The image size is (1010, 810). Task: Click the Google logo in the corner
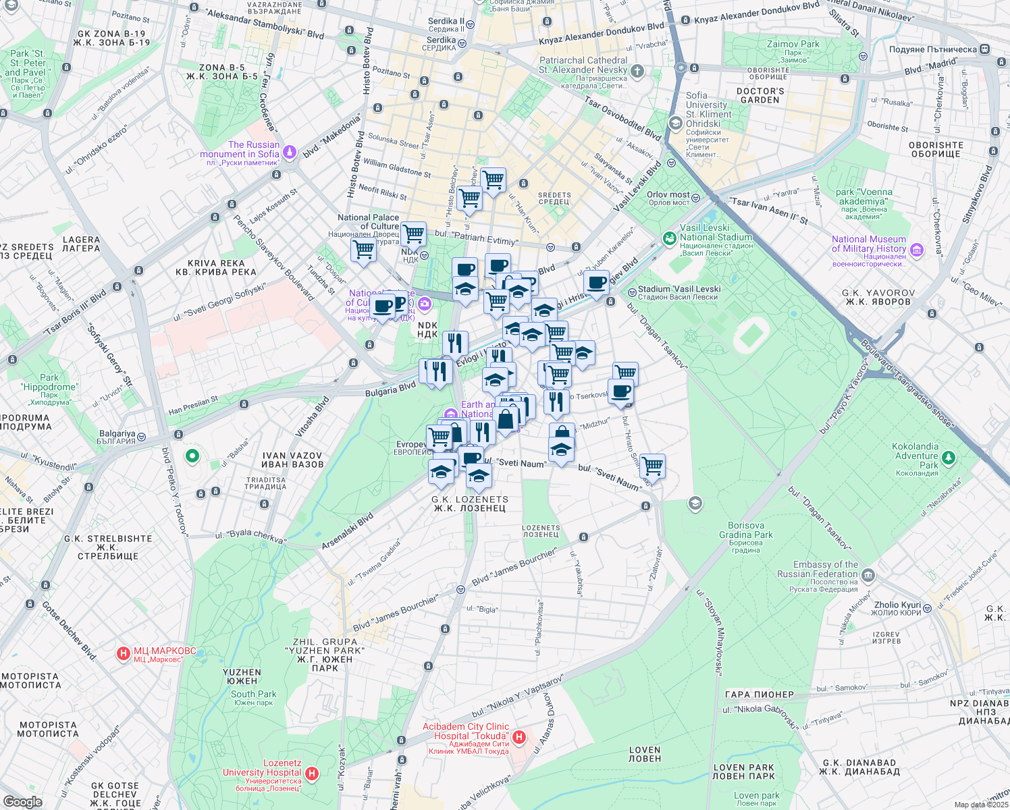pyautogui.click(x=22, y=801)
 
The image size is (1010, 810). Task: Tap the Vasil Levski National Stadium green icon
pyautogui.click(x=669, y=238)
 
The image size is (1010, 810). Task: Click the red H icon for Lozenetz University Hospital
pyautogui.click(x=311, y=773)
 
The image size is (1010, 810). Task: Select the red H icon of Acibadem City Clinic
pyautogui.click(x=519, y=737)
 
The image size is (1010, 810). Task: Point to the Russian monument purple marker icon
pyautogui.click(x=290, y=152)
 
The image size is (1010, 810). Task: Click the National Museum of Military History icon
pyautogui.click(x=916, y=250)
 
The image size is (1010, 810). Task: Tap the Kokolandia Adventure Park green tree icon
pyautogui.click(x=949, y=458)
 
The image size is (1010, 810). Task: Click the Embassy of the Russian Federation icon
pyautogui.click(x=868, y=576)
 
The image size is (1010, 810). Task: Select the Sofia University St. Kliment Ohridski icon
pyautogui.click(x=674, y=124)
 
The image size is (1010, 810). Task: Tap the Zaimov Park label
pyautogui.click(x=793, y=45)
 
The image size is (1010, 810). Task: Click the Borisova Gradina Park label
pyautogui.click(x=745, y=531)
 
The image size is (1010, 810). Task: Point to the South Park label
pyautogui.click(x=253, y=694)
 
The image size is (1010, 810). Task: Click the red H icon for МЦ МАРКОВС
pyautogui.click(x=123, y=653)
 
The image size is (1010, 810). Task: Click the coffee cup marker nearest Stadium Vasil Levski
pyautogui.click(x=597, y=283)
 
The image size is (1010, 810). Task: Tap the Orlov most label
pyautogui.click(x=668, y=195)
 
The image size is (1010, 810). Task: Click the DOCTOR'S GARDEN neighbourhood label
pyautogui.click(x=760, y=95)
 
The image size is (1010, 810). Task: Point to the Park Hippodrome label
pyautogui.click(x=49, y=383)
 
